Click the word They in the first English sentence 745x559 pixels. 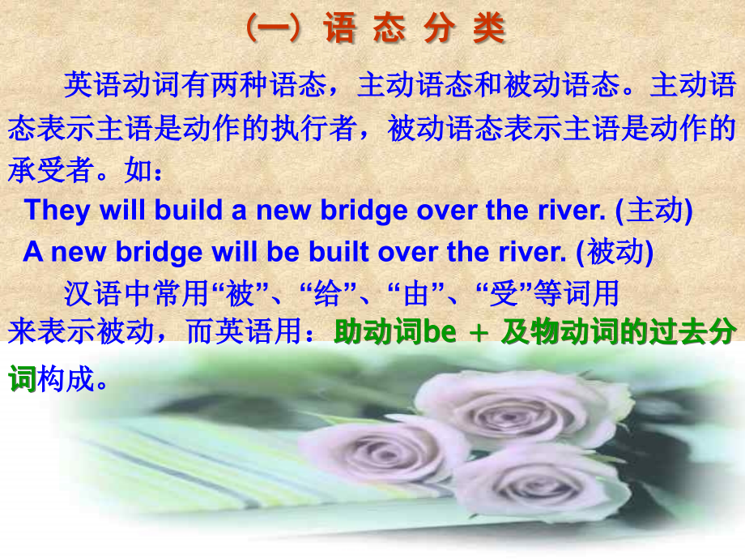[x=57, y=211]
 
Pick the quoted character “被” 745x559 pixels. [x=240, y=293]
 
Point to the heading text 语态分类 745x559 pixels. [x=414, y=30]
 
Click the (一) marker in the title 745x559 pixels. [x=275, y=30]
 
